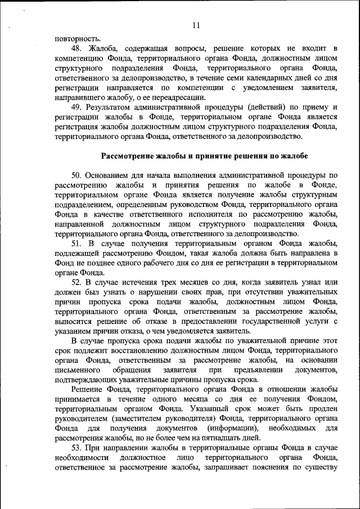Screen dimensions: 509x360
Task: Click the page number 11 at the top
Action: tap(196, 25)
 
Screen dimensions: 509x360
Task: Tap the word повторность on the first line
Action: tap(78, 38)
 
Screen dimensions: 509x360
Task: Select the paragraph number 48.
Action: tap(78, 49)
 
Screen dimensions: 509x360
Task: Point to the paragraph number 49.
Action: tap(78, 107)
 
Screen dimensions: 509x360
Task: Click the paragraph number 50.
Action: tap(78, 175)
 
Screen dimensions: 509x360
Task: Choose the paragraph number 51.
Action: tap(78, 243)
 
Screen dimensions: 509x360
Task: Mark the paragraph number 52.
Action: tap(78, 282)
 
